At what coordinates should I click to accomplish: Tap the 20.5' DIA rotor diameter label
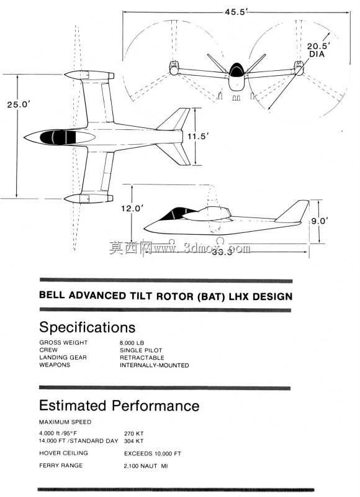[x=318, y=50]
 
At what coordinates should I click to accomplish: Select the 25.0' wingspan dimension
[x=19, y=104]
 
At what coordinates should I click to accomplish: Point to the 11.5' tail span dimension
[x=198, y=137]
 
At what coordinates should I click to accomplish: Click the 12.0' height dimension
[x=132, y=208]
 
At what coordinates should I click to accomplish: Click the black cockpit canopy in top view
[x=58, y=137]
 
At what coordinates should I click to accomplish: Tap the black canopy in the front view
[x=236, y=70]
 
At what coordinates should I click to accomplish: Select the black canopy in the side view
[x=178, y=213]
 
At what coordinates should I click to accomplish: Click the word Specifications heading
[x=88, y=327]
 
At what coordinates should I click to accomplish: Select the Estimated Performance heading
[x=119, y=406]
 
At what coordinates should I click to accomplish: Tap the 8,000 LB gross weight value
[x=132, y=343]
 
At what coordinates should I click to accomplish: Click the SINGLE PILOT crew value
[x=141, y=350]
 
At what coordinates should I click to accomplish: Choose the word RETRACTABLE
[x=142, y=358]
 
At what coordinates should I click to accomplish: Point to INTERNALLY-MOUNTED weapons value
[x=154, y=365]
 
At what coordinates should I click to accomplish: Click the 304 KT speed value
[x=133, y=441]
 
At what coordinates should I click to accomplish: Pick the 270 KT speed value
[x=133, y=433]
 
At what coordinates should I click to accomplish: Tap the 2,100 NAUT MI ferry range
[x=146, y=466]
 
